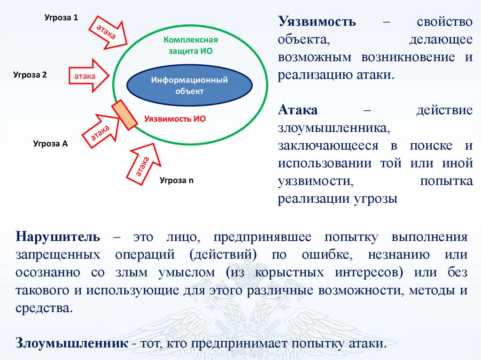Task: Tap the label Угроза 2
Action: pyautogui.click(x=30, y=75)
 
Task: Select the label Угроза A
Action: pyautogui.click(x=50, y=144)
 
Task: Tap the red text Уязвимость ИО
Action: pyautogui.click(x=175, y=119)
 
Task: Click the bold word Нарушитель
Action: pyautogui.click(x=57, y=236)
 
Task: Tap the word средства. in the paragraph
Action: pyautogui.click(x=45, y=308)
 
